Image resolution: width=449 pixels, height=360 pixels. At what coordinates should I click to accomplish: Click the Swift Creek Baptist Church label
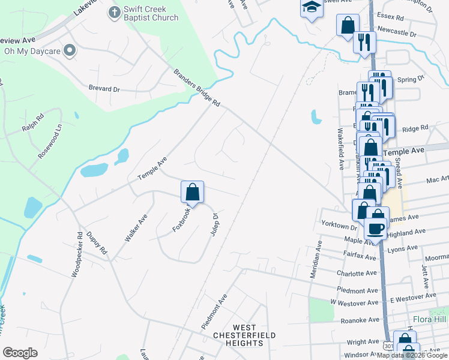click(151, 13)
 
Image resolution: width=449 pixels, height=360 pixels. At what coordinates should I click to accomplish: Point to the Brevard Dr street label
click(104, 88)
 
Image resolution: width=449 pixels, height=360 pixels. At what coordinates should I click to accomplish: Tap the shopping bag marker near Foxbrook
click(192, 193)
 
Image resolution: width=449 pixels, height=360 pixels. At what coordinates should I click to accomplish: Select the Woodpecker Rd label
click(76, 255)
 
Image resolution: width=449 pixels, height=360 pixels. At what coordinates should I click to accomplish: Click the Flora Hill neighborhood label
click(428, 319)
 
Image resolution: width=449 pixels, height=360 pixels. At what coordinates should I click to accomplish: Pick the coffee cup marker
click(376, 228)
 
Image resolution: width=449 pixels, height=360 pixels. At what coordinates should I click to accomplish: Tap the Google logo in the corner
click(20, 353)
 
